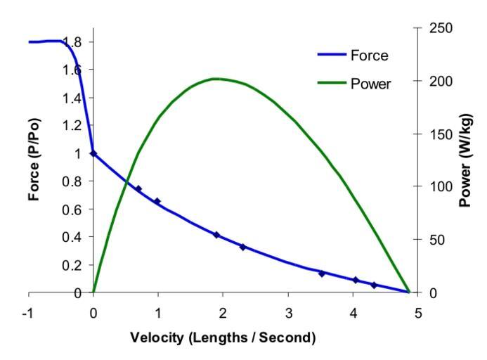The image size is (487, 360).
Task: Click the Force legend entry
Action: coord(369,56)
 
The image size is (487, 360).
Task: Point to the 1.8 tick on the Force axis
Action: coord(72,42)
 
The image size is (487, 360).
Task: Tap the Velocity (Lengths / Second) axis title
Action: coord(223,337)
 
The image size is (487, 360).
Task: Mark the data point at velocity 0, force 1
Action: coord(93,153)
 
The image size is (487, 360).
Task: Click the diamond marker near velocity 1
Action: coord(157,201)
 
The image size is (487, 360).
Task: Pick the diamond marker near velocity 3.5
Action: coord(322,274)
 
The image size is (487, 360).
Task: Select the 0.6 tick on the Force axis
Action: coord(72,210)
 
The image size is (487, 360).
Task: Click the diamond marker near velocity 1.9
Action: coord(216,235)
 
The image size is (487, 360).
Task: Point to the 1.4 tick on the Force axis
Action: coord(72,98)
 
